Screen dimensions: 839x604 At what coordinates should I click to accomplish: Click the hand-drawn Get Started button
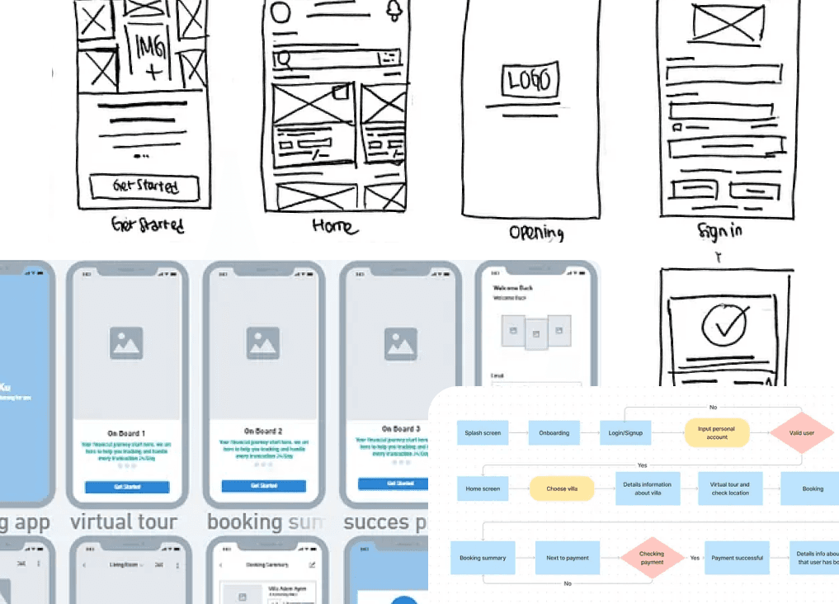point(144,186)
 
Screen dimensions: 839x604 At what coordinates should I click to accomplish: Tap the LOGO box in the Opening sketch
point(528,81)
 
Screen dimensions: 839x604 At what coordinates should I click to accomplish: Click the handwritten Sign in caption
point(719,230)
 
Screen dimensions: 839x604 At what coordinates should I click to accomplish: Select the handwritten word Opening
point(536,232)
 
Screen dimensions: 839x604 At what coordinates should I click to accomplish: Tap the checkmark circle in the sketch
point(724,325)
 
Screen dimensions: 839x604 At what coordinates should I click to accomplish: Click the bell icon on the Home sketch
point(395,11)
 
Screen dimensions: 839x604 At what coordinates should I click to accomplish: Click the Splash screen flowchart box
point(482,433)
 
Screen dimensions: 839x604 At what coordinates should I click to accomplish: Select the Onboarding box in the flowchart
point(554,433)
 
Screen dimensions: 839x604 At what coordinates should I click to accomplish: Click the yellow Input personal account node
point(717,433)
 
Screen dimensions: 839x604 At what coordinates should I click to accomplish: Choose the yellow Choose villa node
point(557,488)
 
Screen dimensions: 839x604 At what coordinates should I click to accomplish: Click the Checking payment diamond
point(652,558)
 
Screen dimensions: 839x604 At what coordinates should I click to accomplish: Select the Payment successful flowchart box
point(737,558)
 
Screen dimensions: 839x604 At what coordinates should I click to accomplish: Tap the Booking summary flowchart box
point(483,558)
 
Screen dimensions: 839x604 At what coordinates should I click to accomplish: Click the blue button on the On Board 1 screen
point(127,487)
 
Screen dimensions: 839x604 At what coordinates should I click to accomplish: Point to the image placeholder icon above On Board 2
point(264,343)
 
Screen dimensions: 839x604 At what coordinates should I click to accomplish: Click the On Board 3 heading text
point(400,429)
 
